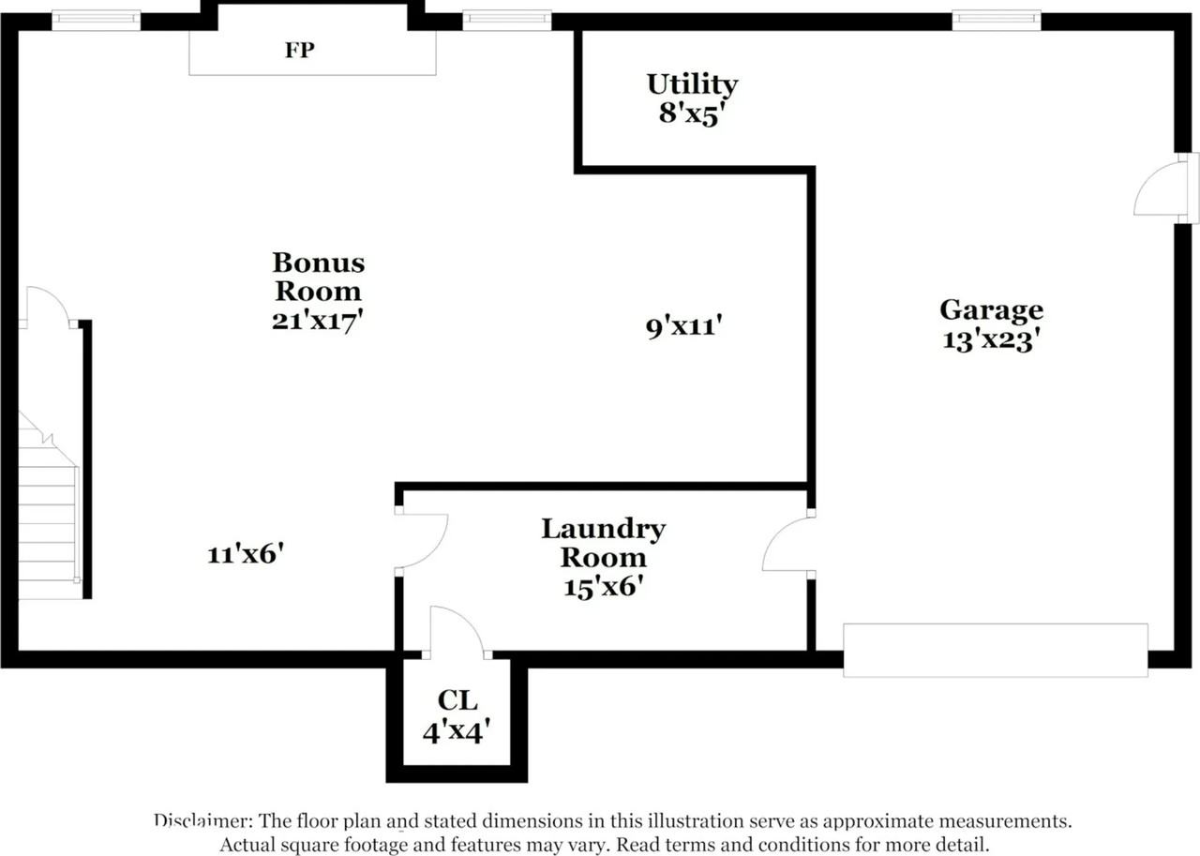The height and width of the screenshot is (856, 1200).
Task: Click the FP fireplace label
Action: coord(299,51)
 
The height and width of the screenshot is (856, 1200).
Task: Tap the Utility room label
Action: coord(692,84)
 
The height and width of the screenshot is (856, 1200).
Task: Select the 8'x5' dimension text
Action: coord(692,113)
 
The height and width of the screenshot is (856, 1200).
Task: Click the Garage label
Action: coord(991,309)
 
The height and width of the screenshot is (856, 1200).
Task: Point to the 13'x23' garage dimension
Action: coord(991,339)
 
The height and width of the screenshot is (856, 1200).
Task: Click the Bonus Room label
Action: coord(317,276)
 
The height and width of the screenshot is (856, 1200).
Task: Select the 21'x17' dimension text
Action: coord(317,320)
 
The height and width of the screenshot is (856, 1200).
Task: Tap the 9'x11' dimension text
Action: coord(683,327)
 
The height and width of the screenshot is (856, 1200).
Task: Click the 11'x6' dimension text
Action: coord(245,554)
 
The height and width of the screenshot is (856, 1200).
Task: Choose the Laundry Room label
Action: coord(603,543)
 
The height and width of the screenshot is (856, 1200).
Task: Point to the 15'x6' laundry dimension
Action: coord(603,587)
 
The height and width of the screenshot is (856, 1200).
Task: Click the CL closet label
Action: coord(457,700)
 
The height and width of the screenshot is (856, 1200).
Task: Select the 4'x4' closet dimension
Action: coord(457,730)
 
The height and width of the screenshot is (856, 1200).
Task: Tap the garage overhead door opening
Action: coord(995,650)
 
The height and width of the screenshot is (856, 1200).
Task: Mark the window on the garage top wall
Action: coord(996,20)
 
